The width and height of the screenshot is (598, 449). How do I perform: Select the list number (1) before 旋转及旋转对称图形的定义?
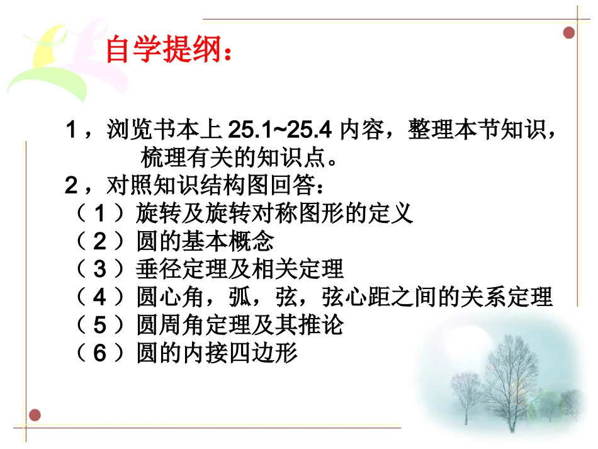tap(99, 214)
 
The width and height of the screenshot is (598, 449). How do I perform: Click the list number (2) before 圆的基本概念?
tap(99, 242)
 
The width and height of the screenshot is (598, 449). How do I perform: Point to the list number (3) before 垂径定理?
tap(99, 270)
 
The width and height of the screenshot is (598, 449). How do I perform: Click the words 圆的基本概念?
tap(205, 242)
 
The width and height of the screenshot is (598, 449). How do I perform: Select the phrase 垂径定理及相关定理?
tap(240, 270)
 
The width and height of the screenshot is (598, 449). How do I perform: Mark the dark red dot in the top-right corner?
tap(569, 33)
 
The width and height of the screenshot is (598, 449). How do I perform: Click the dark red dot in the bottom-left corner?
tap(35, 415)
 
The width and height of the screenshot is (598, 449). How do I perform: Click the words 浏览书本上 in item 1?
tap(164, 131)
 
